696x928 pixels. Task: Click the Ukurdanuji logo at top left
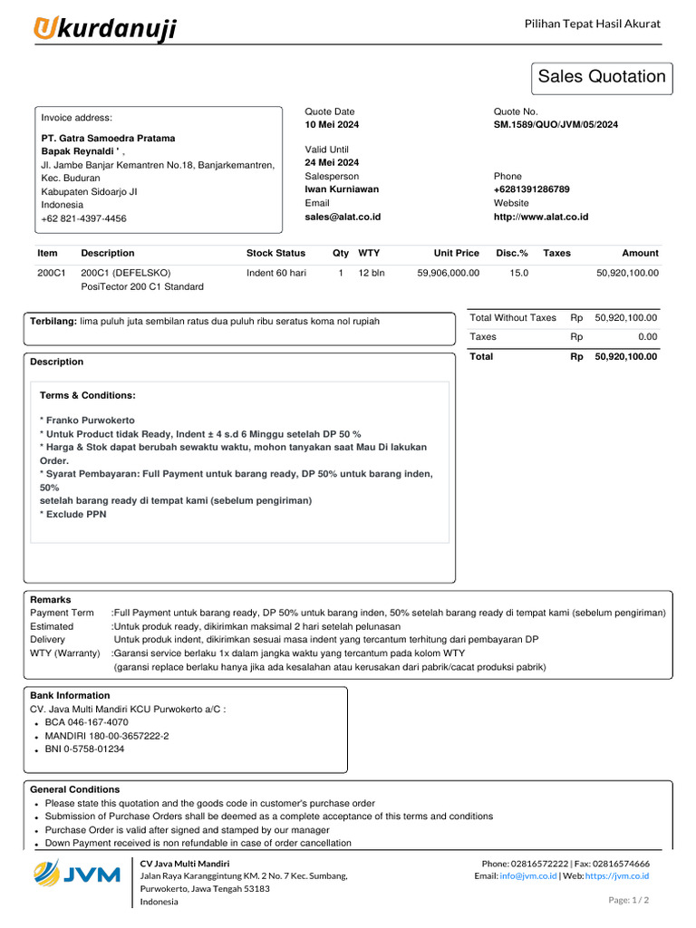(105, 29)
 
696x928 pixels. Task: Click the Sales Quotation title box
(602, 77)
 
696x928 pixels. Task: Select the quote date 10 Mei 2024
(331, 124)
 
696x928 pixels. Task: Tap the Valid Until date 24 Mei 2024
(332, 162)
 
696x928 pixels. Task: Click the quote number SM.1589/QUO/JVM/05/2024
(556, 124)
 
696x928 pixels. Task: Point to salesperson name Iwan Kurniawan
(342, 189)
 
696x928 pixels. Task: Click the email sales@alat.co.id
(343, 217)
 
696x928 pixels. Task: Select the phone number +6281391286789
(531, 189)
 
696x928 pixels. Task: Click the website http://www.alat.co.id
(540, 217)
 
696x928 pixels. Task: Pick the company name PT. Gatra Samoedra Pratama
(108, 139)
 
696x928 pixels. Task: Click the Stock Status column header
(275, 253)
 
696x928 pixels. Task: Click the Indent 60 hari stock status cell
(276, 272)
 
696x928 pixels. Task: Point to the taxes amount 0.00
(646, 336)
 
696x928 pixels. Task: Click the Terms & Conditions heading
(88, 395)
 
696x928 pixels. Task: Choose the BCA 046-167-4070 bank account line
(86, 722)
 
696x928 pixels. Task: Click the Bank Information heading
(70, 695)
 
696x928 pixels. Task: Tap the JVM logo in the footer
(77, 875)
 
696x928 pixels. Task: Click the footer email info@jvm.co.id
(532, 876)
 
